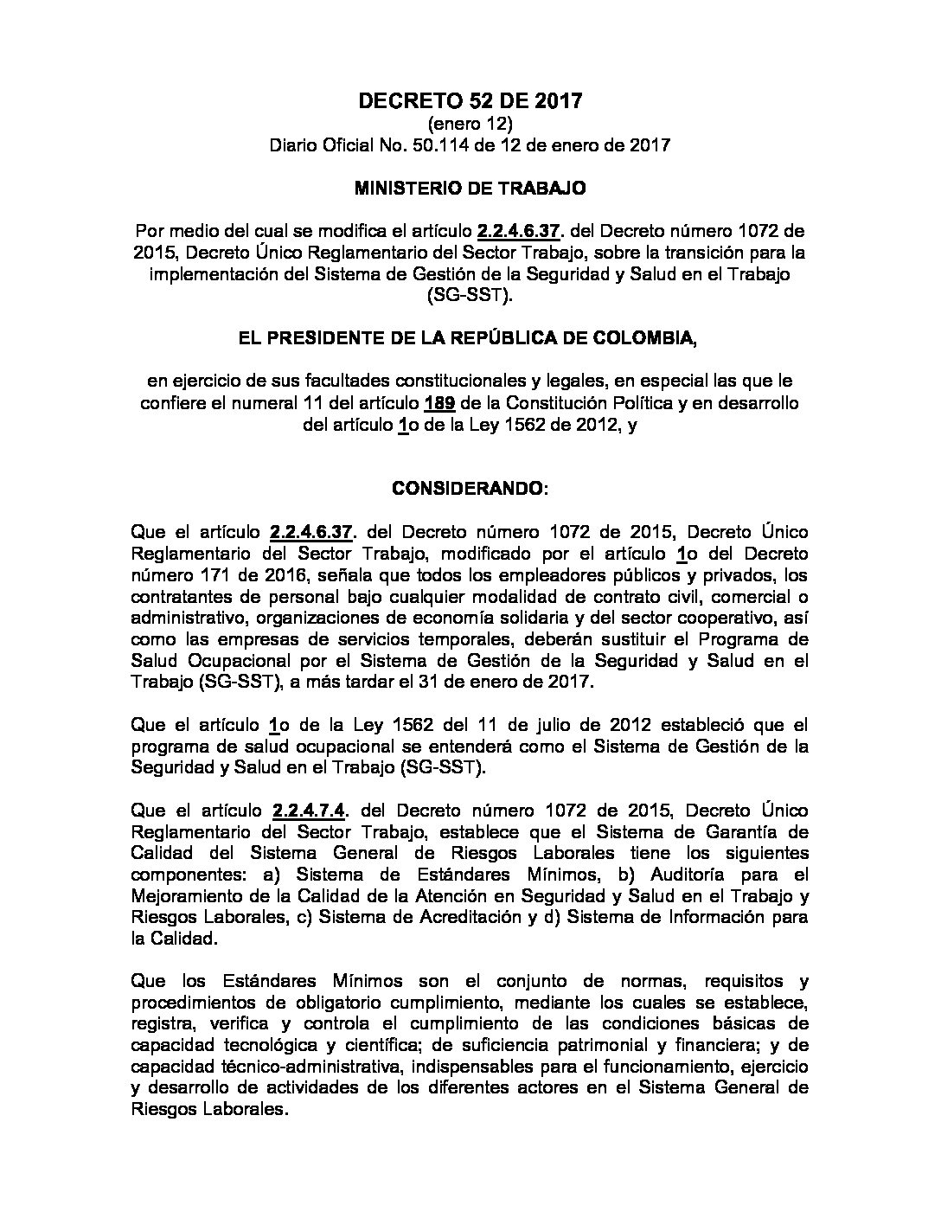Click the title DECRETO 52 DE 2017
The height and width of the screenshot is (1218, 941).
[x=470, y=101]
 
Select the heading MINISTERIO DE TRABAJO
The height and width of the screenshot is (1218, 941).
[x=470, y=187]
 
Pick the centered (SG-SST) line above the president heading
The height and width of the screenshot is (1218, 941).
[x=470, y=296]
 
